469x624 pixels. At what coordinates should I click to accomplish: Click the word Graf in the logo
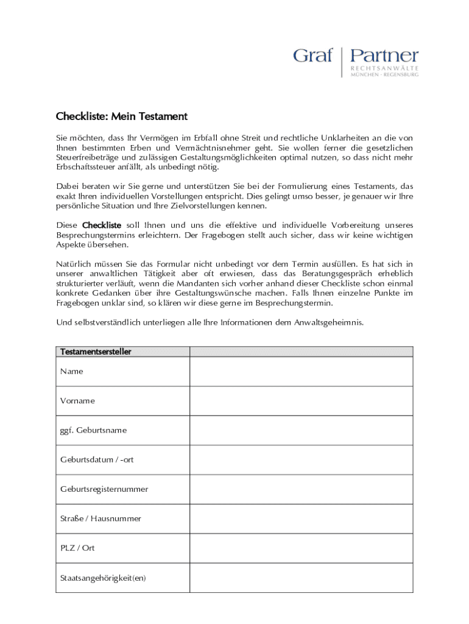tap(312, 56)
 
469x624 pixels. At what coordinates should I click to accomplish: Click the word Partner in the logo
tap(384, 56)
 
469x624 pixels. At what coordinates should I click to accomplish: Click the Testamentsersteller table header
tap(96, 352)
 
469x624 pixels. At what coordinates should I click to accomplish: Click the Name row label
tap(72, 371)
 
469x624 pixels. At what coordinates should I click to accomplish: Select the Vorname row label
tap(77, 401)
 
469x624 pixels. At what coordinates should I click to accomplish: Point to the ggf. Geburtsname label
tap(93, 430)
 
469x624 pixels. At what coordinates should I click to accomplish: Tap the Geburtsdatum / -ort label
tap(97, 459)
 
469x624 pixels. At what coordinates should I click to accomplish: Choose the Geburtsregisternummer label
tap(104, 489)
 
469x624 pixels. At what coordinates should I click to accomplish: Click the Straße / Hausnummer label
tap(100, 519)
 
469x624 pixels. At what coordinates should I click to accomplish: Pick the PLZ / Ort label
tap(77, 548)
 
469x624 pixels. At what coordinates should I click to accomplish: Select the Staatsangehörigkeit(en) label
tap(103, 578)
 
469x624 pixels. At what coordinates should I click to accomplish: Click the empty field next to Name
tap(301, 371)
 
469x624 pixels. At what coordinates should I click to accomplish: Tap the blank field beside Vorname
tap(301, 401)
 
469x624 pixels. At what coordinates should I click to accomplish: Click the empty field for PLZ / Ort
tap(301, 548)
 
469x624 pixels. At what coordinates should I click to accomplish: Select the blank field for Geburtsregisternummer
tap(301, 489)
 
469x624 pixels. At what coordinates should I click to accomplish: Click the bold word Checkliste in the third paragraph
tap(102, 225)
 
